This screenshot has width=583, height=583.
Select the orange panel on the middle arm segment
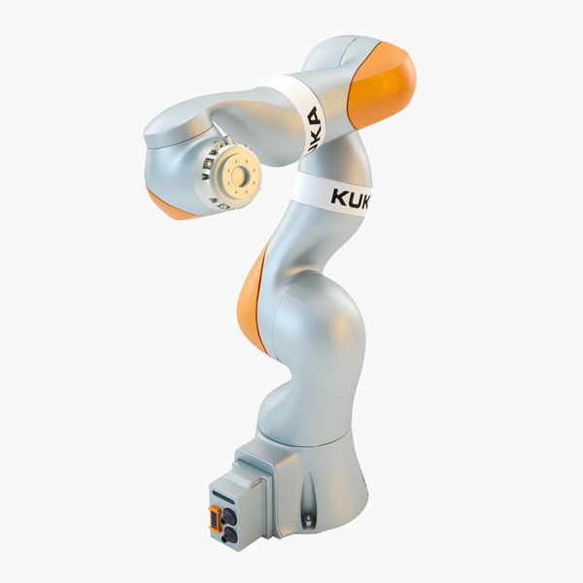pyautogui.click(x=253, y=296)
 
